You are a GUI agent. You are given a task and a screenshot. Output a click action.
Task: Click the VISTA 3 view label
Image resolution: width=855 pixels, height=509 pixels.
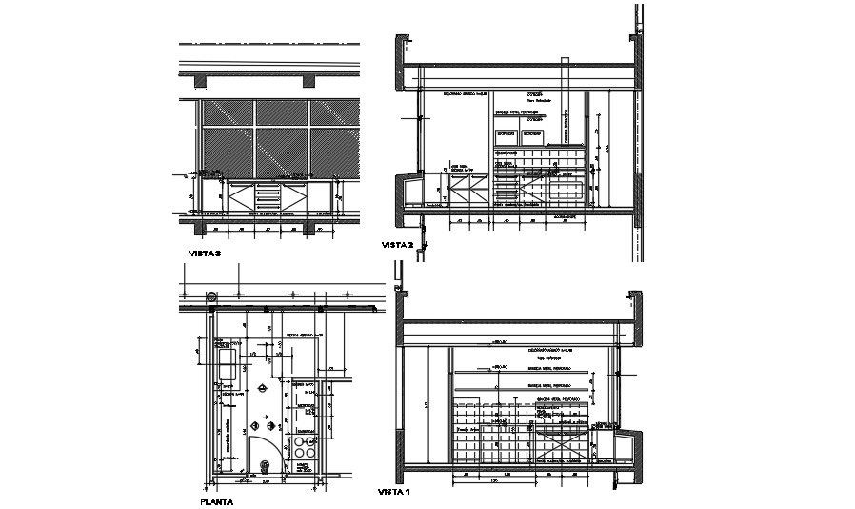(206, 254)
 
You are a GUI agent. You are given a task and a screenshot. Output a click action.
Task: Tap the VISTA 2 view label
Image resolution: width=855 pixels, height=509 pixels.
(397, 245)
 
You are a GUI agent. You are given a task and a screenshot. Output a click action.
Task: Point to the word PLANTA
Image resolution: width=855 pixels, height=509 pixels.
(218, 499)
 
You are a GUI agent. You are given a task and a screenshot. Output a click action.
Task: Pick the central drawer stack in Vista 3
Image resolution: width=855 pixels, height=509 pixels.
(268, 197)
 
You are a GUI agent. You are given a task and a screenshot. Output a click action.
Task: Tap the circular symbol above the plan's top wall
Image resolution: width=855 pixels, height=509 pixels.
(212, 296)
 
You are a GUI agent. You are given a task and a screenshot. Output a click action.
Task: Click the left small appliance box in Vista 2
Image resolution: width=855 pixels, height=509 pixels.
(507, 135)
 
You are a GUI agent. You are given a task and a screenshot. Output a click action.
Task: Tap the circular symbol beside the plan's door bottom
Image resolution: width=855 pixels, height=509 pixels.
(266, 465)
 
